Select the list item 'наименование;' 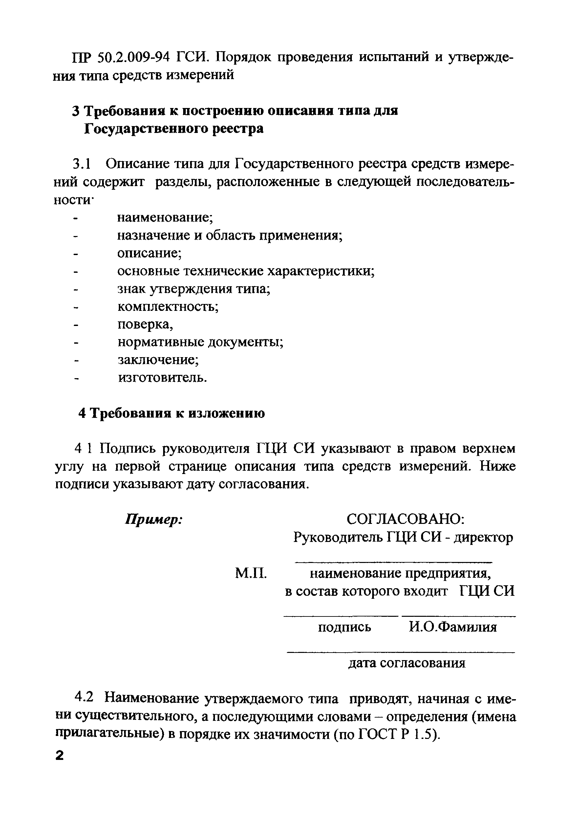(165, 217)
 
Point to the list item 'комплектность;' (168, 306)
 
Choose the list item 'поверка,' (145, 324)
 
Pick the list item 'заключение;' (158, 360)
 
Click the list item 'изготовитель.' (162, 377)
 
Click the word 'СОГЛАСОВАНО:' (405, 519)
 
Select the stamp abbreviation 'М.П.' (251, 573)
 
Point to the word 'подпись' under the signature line (344, 627)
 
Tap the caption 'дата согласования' (407, 663)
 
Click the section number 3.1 (82, 164)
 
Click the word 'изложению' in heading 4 (226, 413)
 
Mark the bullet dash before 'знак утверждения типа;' (75, 289)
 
